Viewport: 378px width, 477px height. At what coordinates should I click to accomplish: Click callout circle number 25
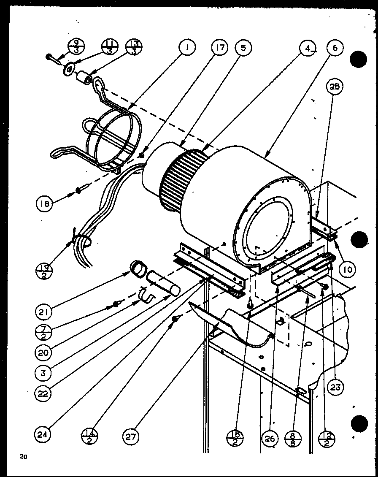click(335, 87)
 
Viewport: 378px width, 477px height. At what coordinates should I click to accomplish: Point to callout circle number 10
click(347, 269)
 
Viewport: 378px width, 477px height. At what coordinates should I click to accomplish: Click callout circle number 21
click(43, 313)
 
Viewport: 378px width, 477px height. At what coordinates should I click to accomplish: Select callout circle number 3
click(43, 373)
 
